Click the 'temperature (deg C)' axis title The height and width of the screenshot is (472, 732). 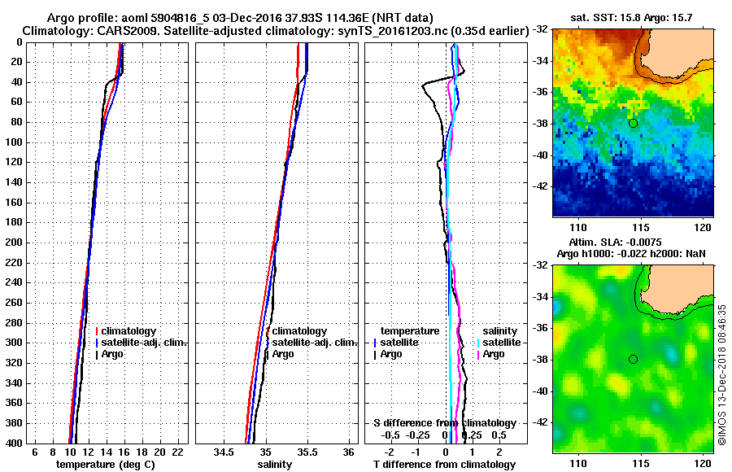[x=105, y=465]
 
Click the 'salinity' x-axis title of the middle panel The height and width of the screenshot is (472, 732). [x=275, y=465]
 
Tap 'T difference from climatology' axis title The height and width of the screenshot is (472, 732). [x=444, y=465]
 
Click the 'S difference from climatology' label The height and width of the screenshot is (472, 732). [x=444, y=423]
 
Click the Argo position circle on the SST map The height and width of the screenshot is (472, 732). [x=633, y=123]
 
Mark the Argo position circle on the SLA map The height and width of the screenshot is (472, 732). [x=633, y=359]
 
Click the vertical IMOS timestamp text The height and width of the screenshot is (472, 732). [x=722, y=374]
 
